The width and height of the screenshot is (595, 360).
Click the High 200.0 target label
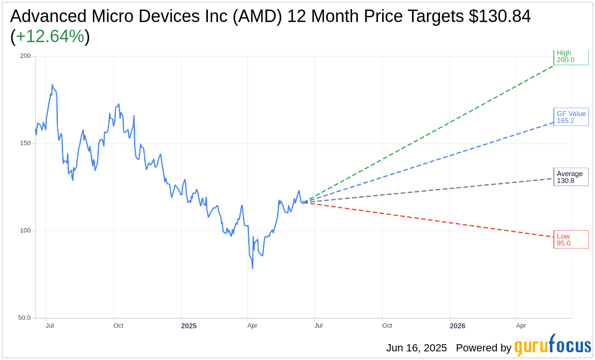[571, 57]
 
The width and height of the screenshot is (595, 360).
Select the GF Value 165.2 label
[571, 117]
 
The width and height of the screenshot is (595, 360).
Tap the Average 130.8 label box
[571, 177]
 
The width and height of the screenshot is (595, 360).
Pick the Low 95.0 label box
[571, 239]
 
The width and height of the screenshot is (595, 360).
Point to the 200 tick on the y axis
[25, 56]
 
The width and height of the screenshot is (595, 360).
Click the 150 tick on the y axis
[25, 143]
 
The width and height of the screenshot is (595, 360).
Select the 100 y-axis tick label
[25, 230]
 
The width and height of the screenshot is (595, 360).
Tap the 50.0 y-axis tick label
[24, 318]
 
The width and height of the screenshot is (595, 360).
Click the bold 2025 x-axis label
[189, 326]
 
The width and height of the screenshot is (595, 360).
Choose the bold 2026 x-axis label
[457, 326]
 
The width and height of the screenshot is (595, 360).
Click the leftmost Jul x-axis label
[50, 326]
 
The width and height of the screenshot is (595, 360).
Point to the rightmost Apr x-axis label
[521, 326]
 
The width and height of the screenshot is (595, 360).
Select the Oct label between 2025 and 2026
[387, 326]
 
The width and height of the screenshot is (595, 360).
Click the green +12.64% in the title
[50, 36]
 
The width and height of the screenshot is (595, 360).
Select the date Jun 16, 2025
[416, 348]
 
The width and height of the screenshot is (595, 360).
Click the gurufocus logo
[552, 346]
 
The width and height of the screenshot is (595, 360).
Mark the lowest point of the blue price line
[252, 268]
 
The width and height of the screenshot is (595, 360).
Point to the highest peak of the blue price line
[52, 85]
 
